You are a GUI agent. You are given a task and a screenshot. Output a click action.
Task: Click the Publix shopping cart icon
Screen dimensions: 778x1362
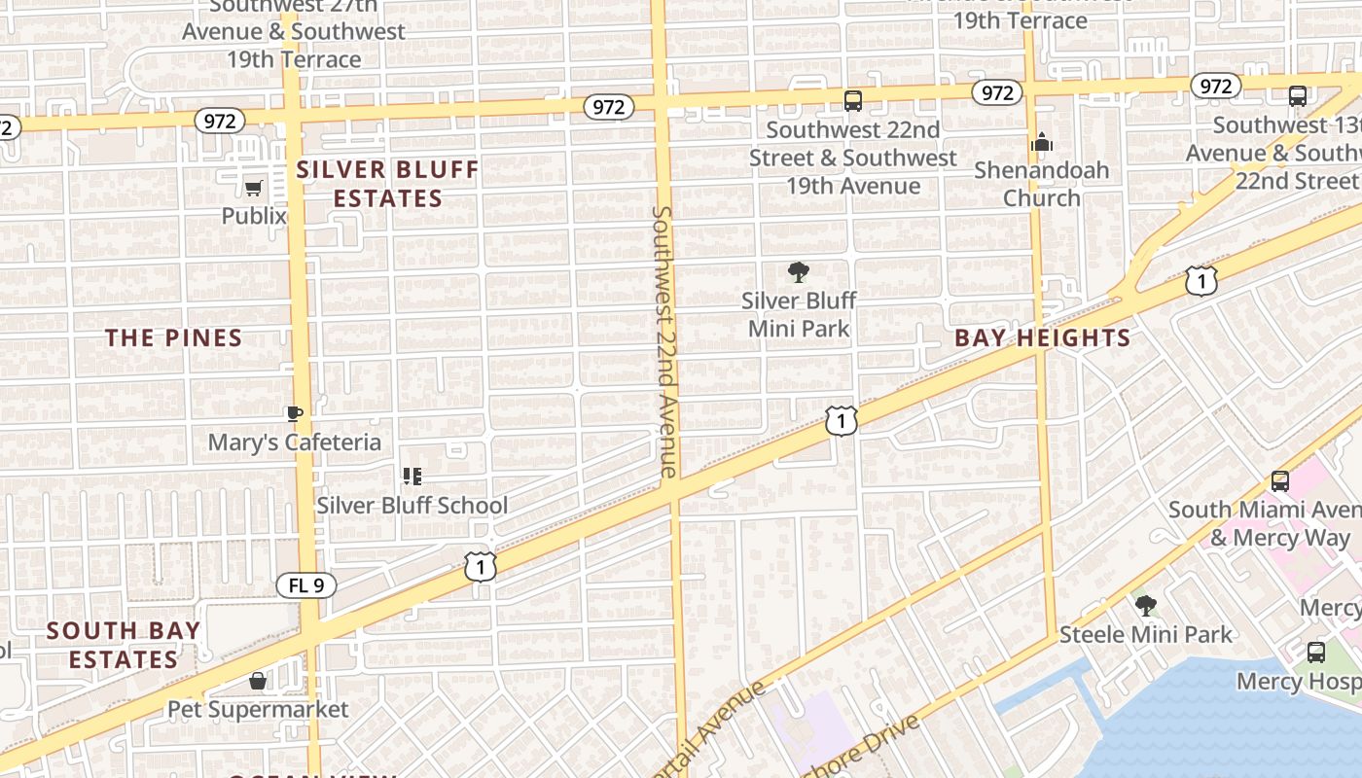coord(254,188)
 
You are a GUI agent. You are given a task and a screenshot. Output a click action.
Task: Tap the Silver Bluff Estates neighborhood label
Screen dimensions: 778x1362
coord(388,184)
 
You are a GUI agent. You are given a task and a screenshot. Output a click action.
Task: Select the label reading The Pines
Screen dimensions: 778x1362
coord(173,338)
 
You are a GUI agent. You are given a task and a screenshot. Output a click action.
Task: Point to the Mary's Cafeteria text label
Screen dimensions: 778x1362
coord(295,442)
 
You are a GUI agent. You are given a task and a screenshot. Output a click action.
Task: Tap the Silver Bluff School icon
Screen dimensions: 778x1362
coord(412,477)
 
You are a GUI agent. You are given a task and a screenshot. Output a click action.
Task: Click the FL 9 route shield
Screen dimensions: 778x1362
coord(306,585)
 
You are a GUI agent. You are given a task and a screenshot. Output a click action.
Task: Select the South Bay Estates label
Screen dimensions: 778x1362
coord(124,645)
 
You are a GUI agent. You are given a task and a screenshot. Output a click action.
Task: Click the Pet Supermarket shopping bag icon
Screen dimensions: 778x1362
coord(258,680)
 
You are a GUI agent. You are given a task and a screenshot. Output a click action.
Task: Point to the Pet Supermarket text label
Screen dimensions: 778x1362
coord(258,709)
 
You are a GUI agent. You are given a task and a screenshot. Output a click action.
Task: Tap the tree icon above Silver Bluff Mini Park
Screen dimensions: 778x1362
coord(799,272)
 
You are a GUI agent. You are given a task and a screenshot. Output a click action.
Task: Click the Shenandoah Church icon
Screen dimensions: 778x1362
coord(1042,143)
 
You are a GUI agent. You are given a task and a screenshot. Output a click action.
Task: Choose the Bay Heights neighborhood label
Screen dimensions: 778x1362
coord(1042,338)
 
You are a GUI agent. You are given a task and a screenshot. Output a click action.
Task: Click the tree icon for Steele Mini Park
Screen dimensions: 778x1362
coord(1146,606)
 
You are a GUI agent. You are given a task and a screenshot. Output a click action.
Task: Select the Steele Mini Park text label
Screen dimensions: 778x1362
coord(1146,635)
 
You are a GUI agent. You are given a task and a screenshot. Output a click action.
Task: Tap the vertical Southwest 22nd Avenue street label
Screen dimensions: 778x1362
coord(663,340)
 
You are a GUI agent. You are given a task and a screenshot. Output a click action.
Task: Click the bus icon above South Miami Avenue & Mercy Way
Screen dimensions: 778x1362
coord(1280,480)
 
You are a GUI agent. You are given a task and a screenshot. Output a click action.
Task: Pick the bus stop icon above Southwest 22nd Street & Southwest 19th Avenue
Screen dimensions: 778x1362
coord(853,100)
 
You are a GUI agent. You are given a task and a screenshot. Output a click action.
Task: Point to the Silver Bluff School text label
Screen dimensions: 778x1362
coord(412,506)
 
